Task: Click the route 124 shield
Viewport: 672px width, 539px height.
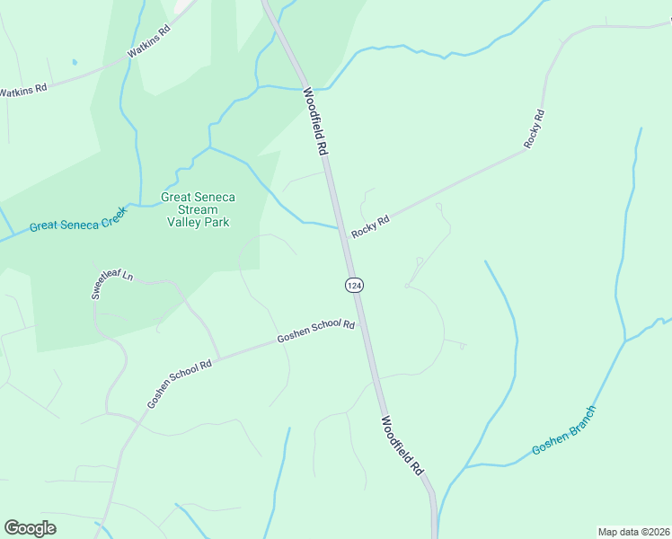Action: pos(353,284)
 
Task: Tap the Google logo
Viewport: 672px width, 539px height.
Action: pos(30,528)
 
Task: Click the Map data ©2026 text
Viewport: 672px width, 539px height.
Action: pos(633,531)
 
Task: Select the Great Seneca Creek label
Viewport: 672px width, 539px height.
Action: pos(78,219)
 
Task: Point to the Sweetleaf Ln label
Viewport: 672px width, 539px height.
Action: pos(111,283)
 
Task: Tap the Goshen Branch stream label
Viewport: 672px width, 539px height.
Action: pos(563,430)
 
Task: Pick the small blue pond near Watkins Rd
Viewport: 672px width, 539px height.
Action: pos(75,62)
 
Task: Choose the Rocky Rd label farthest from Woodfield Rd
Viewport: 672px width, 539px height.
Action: pos(535,128)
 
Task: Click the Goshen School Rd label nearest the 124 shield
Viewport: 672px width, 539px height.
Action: pos(315,331)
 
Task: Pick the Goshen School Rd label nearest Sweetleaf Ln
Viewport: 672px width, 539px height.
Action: pos(179,384)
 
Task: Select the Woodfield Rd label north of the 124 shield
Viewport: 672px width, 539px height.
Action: pos(314,122)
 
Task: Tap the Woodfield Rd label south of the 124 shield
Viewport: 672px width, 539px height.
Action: pos(402,445)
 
